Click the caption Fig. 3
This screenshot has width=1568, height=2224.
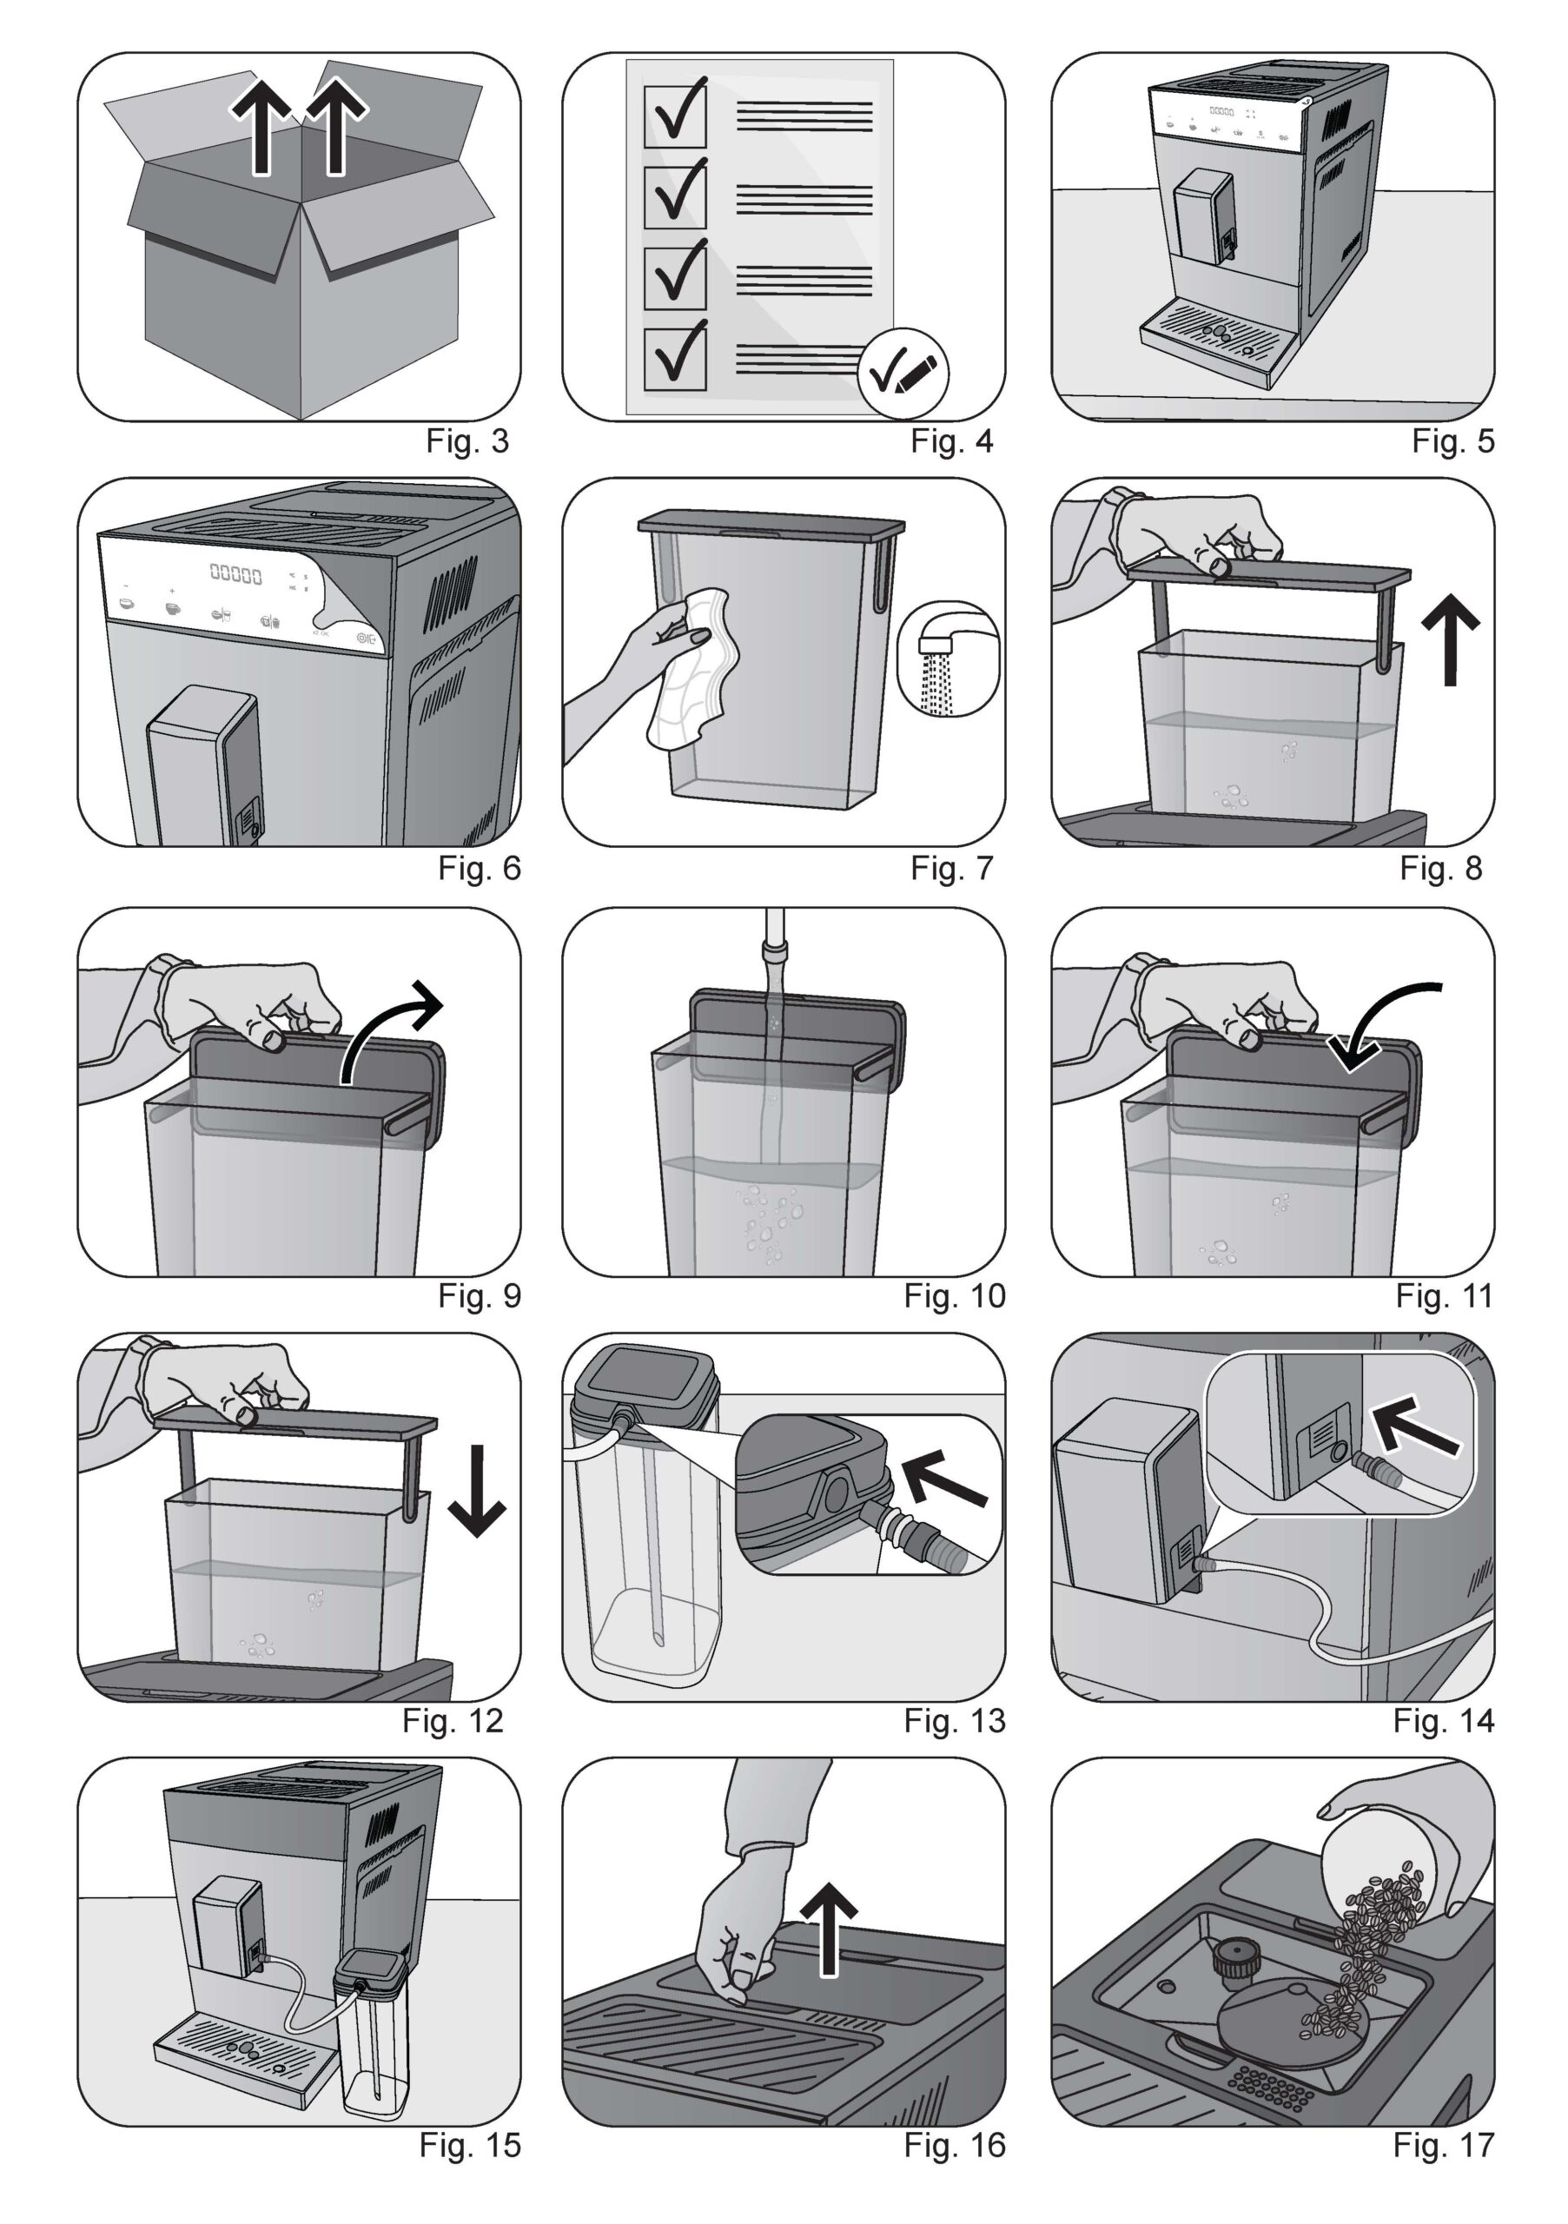pyautogui.click(x=466, y=441)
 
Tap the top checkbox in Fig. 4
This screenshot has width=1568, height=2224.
pyautogui.click(x=675, y=115)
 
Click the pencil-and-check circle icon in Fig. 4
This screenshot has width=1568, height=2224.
pyautogui.click(x=903, y=373)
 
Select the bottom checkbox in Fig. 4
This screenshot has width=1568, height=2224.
pyautogui.click(x=675, y=359)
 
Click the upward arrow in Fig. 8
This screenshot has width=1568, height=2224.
pyautogui.click(x=1450, y=639)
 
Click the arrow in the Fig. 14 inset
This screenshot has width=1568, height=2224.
pyautogui.click(x=1415, y=1430)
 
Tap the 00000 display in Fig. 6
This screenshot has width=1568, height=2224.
pyautogui.click(x=236, y=575)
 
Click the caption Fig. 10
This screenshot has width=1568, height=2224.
pyautogui.click(x=954, y=1296)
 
